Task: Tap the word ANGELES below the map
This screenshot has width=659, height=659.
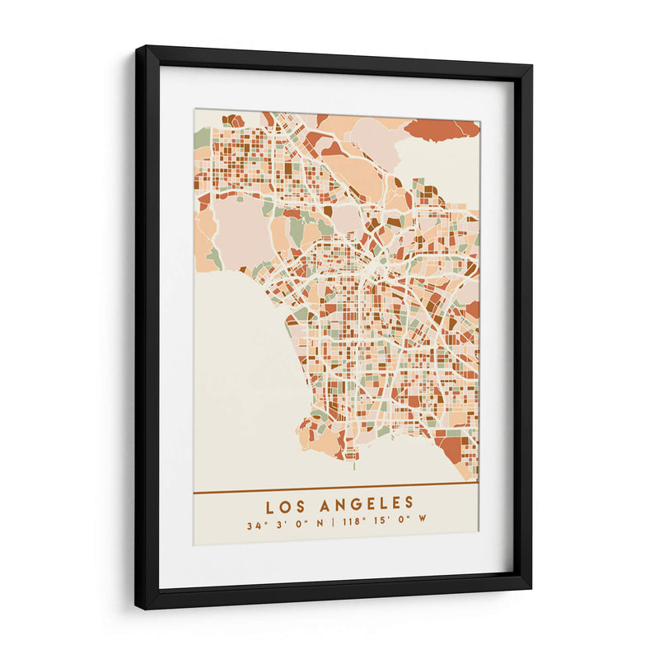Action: click(x=370, y=502)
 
